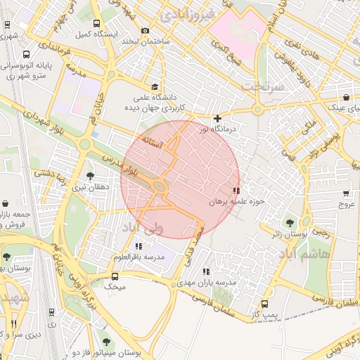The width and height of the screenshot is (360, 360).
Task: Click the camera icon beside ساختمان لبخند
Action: point(145,30)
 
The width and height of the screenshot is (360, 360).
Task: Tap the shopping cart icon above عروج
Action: point(346,193)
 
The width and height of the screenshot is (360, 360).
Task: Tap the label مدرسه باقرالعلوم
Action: point(139,257)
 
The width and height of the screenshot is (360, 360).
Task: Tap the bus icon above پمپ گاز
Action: point(264,304)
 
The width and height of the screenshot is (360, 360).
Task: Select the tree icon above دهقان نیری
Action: point(89,176)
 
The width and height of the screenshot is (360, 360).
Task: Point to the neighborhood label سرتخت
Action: point(262,86)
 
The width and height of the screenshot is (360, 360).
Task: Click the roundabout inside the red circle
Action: point(160,186)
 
